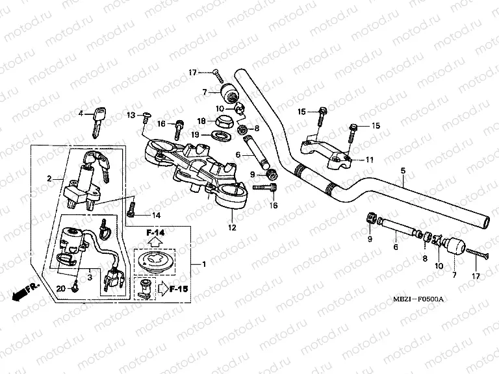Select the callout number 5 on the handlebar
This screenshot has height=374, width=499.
tap(403, 171)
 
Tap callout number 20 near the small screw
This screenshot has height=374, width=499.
tap(62, 289)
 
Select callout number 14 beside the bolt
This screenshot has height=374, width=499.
tap(156, 215)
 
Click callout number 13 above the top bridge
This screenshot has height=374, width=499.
tap(131, 115)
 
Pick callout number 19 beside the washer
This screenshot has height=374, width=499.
tap(195, 135)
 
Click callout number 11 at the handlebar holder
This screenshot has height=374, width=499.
tap(369, 159)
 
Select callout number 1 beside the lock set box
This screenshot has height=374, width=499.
tap(203, 264)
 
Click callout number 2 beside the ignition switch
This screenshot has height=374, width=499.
tap(49, 178)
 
